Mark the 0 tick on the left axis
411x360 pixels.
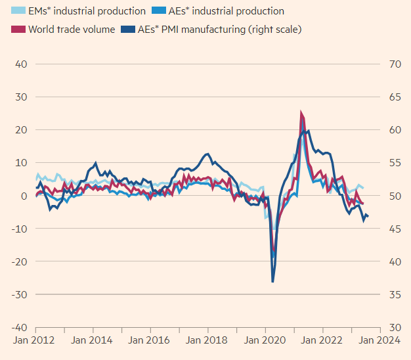(23, 196)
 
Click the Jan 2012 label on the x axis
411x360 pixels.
(35, 340)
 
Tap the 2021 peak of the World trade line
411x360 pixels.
(301, 113)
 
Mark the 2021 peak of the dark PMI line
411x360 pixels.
(305, 131)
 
